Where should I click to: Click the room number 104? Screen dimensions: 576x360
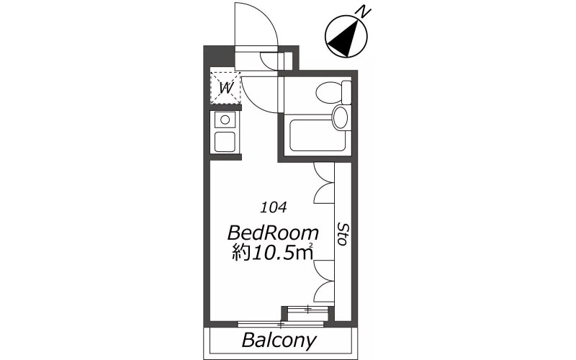click(x=274, y=208)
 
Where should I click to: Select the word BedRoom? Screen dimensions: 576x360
click(x=273, y=233)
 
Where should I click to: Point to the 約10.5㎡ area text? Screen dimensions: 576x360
click(x=272, y=253)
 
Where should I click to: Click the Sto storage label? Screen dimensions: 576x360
click(x=343, y=234)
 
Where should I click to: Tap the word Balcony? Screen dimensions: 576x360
click(x=279, y=341)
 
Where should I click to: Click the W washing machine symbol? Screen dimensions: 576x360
click(x=225, y=88)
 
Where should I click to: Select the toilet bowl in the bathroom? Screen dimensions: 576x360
click(x=329, y=92)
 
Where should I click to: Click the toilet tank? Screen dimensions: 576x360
click(x=346, y=92)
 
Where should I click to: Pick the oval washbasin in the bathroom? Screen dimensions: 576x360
click(x=340, y=117)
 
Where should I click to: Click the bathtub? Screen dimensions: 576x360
click(x=318, y=135)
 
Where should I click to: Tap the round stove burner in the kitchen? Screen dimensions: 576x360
click(x=225, y=120)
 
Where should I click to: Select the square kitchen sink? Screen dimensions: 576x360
click(x=225, y=142)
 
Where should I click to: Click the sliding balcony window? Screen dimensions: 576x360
click(x=281, y=324)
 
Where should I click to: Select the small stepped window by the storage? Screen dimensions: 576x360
click(x=308, y=310)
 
